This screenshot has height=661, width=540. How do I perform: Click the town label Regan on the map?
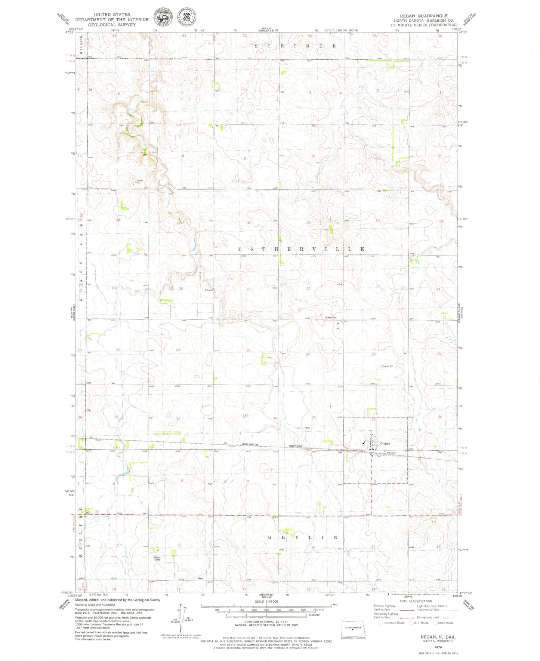click(385, 443)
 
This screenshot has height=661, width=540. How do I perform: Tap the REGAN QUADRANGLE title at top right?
click(423, 16)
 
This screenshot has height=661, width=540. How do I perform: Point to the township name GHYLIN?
click(303, 537)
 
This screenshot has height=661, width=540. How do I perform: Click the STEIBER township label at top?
click(295, 46)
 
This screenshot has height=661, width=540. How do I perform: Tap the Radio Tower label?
click(157, 559)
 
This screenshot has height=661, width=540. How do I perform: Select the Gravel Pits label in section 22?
click(331, 318)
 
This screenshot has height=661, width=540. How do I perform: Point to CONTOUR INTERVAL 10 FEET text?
click(266, 621)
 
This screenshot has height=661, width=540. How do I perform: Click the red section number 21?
click(249, 289)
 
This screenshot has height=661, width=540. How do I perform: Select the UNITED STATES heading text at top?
click(112, 15)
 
